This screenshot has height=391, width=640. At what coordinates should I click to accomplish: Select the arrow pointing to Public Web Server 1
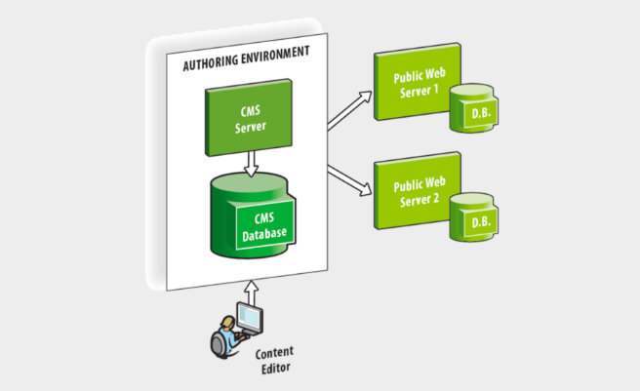point(350,109)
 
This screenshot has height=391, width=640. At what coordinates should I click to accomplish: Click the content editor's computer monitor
point(252,320)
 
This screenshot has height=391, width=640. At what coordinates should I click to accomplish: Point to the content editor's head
point(227,324)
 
